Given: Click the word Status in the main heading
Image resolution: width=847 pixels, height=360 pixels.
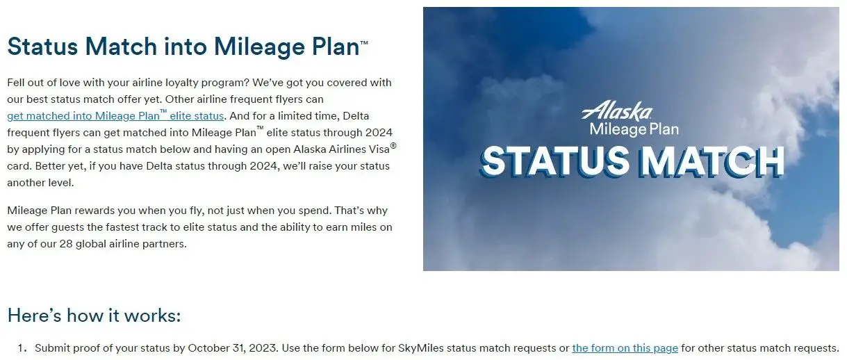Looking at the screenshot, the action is coord(42,47).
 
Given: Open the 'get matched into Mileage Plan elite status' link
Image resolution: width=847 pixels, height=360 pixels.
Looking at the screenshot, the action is coord(115,115).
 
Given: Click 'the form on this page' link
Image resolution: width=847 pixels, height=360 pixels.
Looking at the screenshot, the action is coord(625,348).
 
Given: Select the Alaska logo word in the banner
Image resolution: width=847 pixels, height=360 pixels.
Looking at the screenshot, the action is coord(617,111).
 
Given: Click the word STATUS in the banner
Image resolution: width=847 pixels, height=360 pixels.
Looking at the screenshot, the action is coord(554,161).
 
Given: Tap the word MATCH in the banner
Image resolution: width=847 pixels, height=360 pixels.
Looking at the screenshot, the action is coord(712,162).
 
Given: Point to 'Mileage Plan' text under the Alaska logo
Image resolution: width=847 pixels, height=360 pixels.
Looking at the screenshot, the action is coord(634,130).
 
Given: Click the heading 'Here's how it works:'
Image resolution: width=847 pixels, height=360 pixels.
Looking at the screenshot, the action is coord(94,316).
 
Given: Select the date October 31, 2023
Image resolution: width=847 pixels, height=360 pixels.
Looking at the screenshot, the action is coord(232,348).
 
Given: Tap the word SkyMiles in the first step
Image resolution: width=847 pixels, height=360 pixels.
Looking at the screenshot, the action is coord(421,348).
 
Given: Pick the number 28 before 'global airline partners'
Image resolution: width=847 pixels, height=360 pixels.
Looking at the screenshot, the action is coord(66,244).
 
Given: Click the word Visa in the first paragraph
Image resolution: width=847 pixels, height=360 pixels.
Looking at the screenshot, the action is coord(378,149).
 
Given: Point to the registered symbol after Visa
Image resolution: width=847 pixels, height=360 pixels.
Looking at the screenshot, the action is coord(393,145).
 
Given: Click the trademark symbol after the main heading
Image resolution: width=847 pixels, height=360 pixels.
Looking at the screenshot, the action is coord(364,42).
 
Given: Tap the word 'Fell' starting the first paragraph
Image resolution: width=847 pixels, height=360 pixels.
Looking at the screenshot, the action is coord(15,83).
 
